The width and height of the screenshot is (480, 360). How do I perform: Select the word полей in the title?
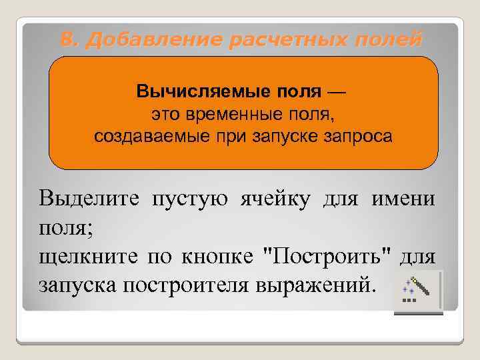pos(390,41)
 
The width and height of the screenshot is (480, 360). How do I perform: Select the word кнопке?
pos(222,256)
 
